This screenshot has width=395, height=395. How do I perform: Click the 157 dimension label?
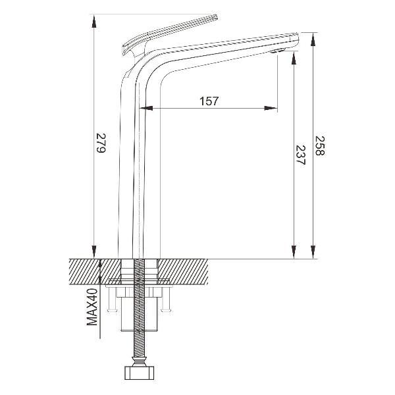point(209,101)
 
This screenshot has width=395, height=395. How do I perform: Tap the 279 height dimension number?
point(101,143)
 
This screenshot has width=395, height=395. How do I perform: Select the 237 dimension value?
point(300,155)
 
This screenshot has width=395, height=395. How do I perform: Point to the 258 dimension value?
point(320,146)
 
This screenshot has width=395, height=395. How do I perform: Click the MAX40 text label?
point(92,307)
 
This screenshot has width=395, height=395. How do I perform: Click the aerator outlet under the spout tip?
point(277,51)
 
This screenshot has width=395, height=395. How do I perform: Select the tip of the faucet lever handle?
point(216,17)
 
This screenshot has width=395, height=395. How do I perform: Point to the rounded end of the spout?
point(296,39)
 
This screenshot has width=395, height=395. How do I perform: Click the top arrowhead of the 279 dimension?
point(93,21)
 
